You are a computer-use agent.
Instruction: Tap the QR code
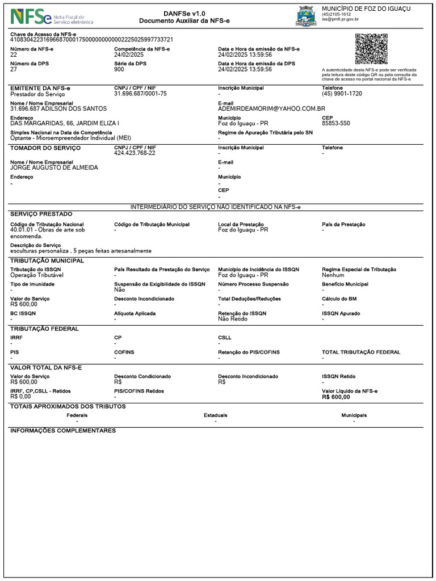[371, 49]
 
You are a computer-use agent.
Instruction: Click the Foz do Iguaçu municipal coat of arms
[306, 16]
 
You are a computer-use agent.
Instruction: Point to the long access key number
[92, 40]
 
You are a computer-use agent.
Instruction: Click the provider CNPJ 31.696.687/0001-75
[140, 94]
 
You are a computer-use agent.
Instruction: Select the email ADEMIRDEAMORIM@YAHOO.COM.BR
[271, 108]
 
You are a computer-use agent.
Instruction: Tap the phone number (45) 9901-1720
[342, 94]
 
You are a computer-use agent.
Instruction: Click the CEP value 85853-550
[336, 123]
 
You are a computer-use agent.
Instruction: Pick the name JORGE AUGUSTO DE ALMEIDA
[54, 168]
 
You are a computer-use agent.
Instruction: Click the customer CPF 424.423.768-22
[135, 153]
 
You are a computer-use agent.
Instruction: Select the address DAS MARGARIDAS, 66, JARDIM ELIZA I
[65, 123]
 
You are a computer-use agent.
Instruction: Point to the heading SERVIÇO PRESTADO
[41, 214]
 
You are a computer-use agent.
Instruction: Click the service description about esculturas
[81, 250]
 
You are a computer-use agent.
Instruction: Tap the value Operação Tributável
[37, 275]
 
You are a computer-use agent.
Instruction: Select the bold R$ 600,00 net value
[336, 397]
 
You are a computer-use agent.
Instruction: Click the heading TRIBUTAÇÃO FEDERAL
[44, 329]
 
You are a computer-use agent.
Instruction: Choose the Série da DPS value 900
[119, 69]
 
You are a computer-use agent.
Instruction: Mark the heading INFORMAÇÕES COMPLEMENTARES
[63, 431]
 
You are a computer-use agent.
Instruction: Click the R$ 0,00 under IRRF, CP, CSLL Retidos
[20, 397]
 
